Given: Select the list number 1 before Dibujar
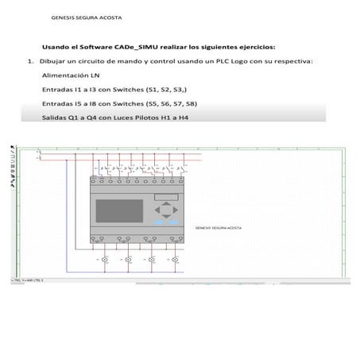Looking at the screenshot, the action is click(29, 60).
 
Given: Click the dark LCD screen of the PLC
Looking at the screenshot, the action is click(119, 211).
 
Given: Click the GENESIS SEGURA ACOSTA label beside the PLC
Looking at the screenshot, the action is click(218, 228).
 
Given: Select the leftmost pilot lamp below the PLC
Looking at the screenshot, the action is click(104, 260).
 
